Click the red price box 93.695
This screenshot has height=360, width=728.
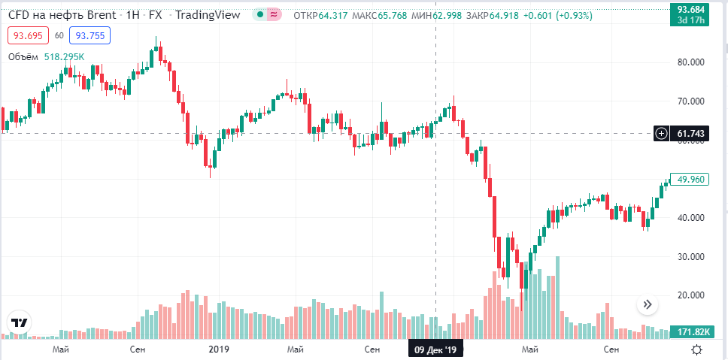click(26, 35)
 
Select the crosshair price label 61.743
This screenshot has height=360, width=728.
click(690, 134)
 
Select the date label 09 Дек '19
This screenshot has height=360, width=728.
click(435, 350)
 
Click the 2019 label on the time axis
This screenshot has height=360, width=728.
click(218, 349)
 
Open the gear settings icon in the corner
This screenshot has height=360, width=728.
click(697, 349)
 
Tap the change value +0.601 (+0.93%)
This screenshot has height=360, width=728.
click(558, 15)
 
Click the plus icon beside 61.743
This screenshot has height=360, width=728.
click(661, 134)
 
